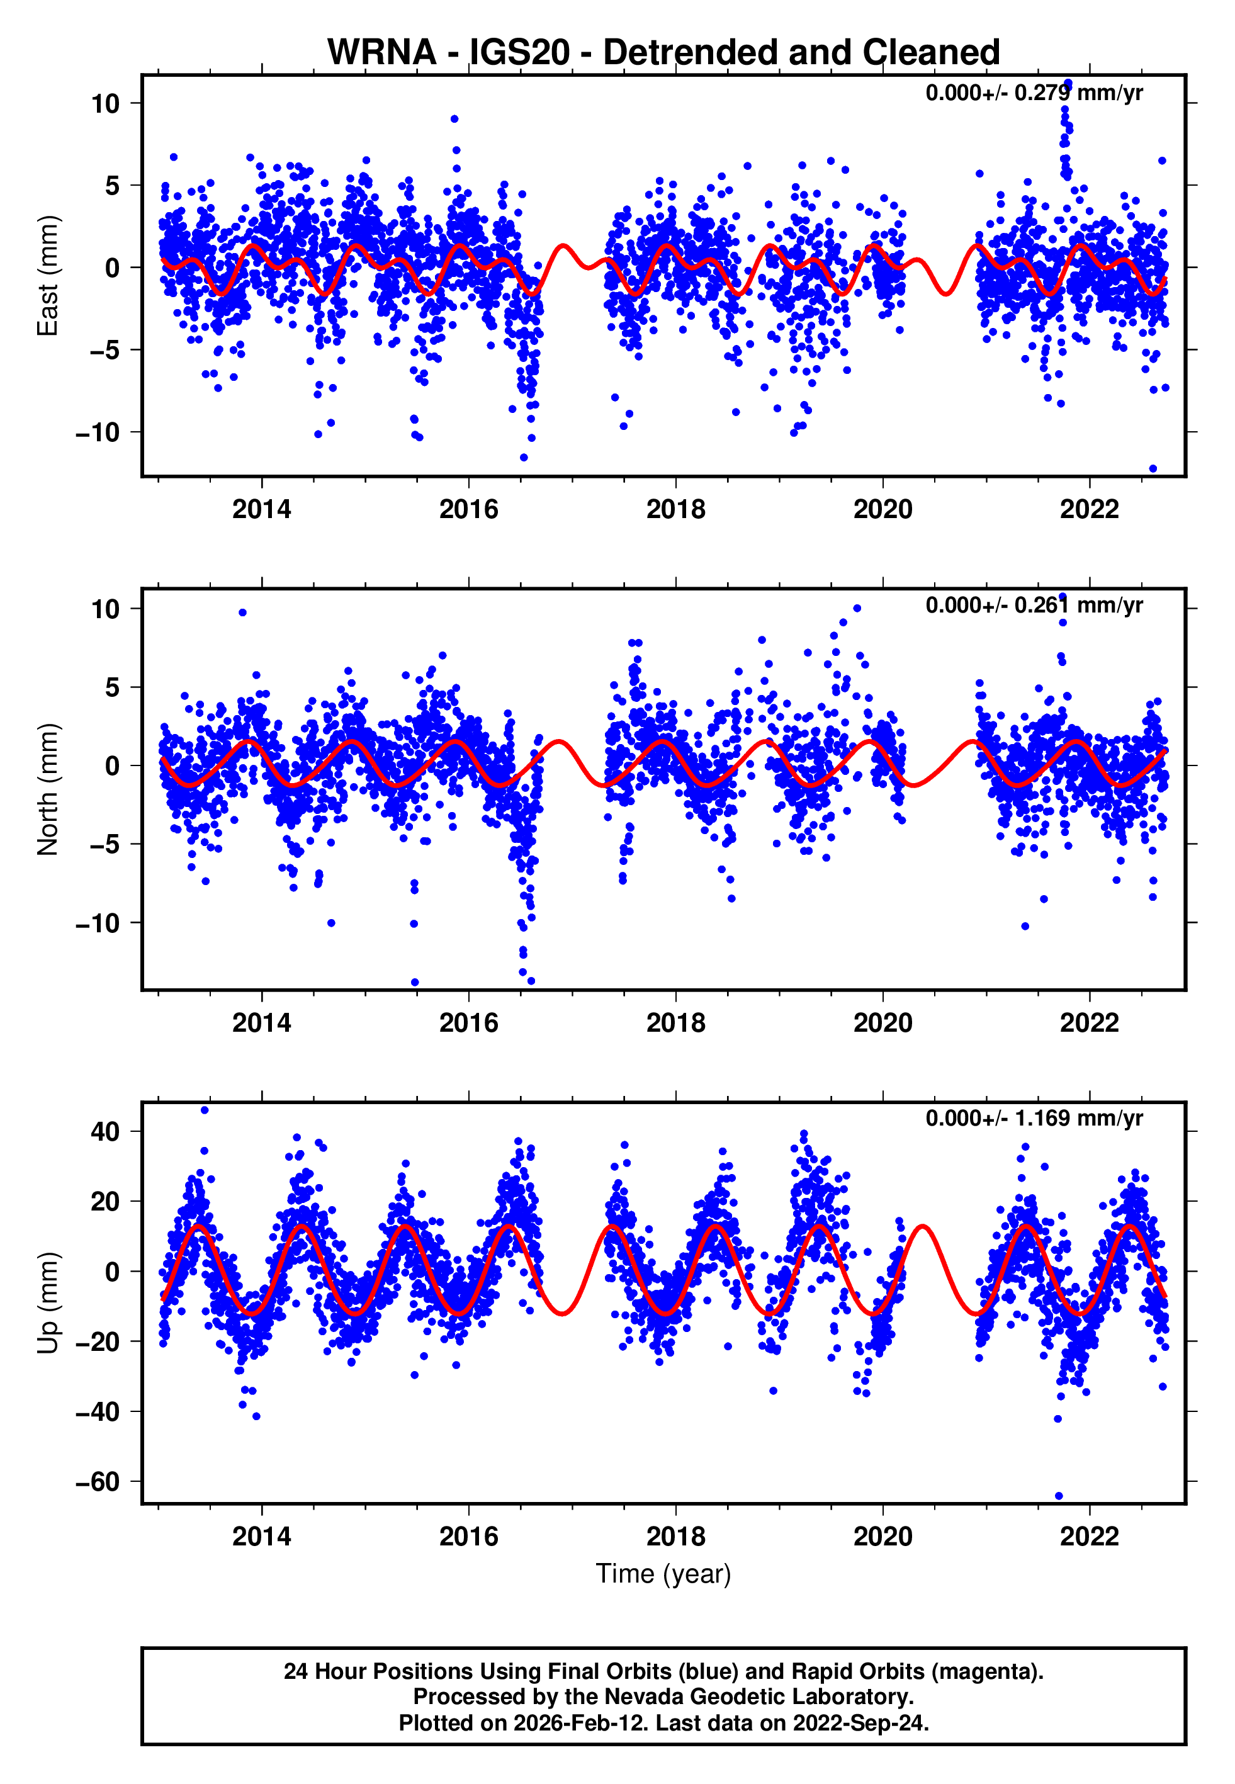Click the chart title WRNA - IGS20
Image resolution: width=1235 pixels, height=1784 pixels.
click(x=663, y=53)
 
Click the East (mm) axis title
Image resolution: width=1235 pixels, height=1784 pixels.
click(x=48, y=276)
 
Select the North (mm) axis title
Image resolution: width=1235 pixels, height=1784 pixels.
click(x=48, y=789)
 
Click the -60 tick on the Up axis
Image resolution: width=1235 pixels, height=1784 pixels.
click(x=98, y=1482)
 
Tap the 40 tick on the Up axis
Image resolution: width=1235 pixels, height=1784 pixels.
click(x=105, y=1132)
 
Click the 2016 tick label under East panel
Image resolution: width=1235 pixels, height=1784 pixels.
click(x=469, y=509)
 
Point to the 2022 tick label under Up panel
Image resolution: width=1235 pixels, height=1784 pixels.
click(x=1089, y=1536)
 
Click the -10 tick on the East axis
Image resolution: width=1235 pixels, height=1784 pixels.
click(x=98, y=432)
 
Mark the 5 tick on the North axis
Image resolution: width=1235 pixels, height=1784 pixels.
click(x=113, y=687)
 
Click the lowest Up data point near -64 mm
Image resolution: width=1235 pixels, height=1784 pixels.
click(x=1059, y=1496)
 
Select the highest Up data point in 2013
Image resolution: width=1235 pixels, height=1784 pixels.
click(x=205, y=1110)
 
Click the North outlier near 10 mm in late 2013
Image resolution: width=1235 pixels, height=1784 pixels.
click(x=242, y=613)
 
